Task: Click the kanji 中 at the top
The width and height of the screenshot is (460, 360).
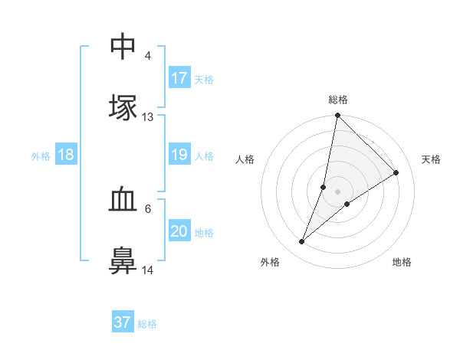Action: pos(123,46)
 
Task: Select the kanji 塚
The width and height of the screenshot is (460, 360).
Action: pos(123,108)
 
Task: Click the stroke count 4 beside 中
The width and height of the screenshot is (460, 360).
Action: pos(147,55)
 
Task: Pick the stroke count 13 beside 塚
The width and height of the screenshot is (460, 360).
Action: pos(147,117)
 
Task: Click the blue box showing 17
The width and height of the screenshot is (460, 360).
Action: pos(179,78)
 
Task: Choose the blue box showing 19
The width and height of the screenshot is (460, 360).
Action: pos(179,155)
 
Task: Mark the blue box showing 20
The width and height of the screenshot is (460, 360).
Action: pos(179,232)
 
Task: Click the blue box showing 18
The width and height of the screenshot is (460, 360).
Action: pos(66,155)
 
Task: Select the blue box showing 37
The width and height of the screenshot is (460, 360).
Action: pos(123,322)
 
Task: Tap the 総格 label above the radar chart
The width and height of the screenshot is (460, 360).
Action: pos(338,100)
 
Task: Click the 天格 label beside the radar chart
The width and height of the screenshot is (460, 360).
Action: pos(432,159)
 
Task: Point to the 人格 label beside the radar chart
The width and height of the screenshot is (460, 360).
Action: pos(245,159)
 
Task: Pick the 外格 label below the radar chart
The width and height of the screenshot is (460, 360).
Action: pos(269,262)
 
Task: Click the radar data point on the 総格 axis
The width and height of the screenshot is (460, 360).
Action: pos(337,116)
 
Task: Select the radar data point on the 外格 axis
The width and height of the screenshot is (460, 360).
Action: pos(302,242)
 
